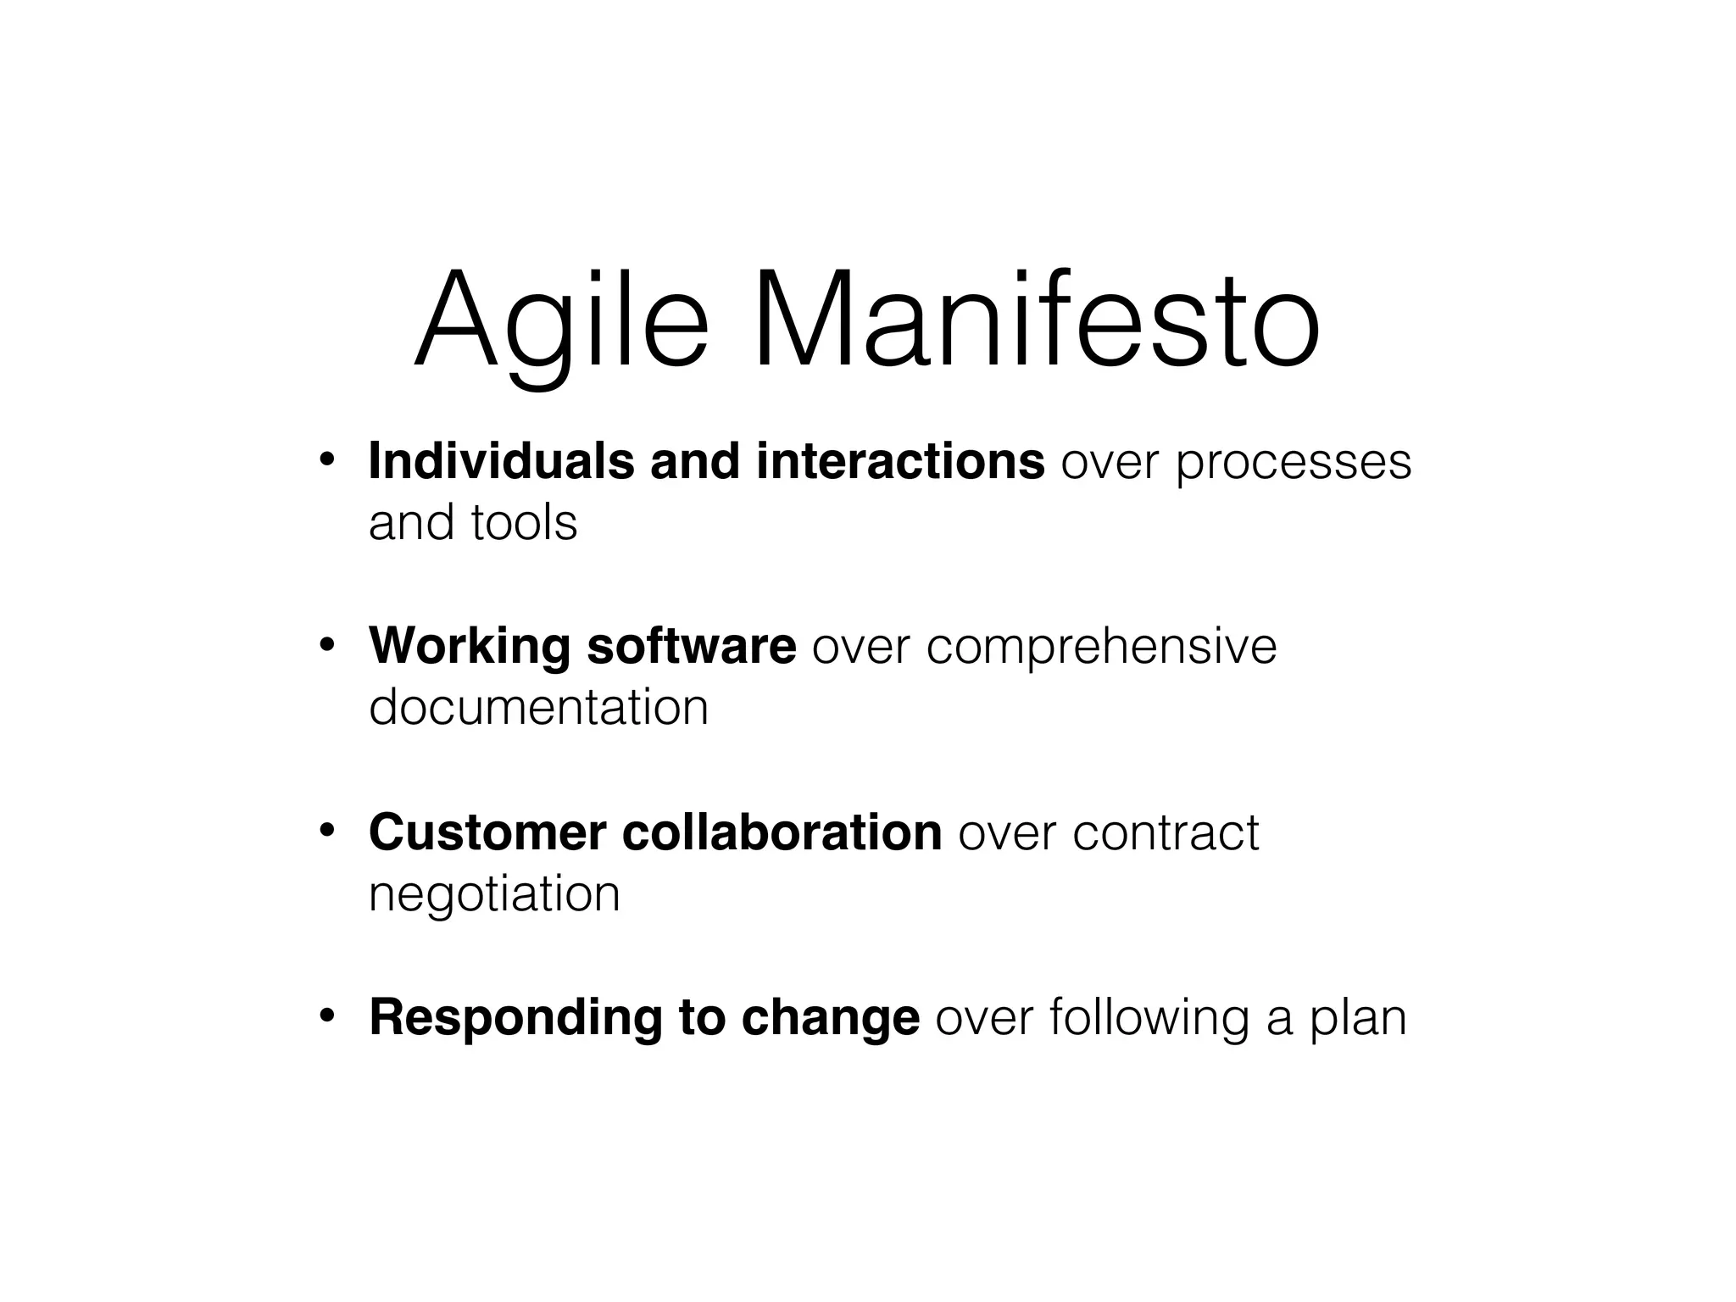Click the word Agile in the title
pyautogui.click(x=560, y=322)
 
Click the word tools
pyautogui.click(x=524, y=522)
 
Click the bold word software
pyautogui.click(x=691, y=646)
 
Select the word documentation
pyautogui.click(x=538, y=707)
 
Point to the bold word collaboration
pyautogui.click(x=782, y=832)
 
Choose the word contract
pyautogui.click(x=1166, y=834)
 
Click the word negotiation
pyautogui.click(x=494, y=893)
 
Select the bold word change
pyautogui.click(x=830, y=1019)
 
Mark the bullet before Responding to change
pyautogui.click(x=327, y=1016)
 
